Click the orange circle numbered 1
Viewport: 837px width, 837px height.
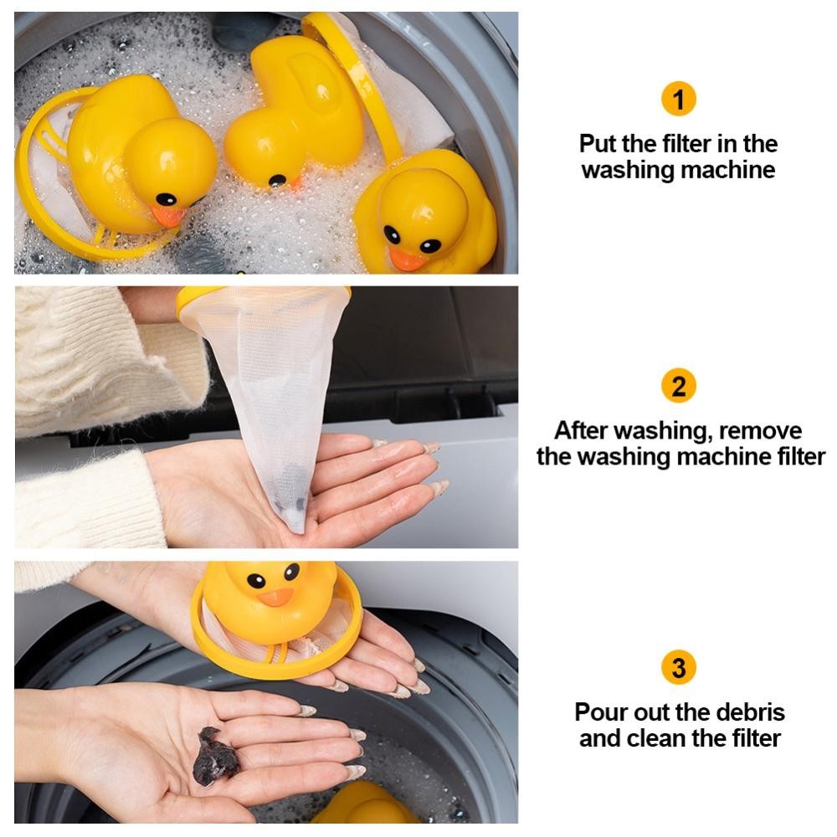point(679,99)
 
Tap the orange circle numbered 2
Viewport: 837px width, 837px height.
point(679,385)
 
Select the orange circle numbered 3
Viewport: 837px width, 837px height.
point(679,667)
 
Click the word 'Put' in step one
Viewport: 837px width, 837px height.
point(598,144)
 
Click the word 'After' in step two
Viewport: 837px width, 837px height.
point(582,430)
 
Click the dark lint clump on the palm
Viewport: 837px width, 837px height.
point(214,756)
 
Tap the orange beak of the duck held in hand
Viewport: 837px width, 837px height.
point(275,597)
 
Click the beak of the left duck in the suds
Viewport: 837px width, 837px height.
point(167,216)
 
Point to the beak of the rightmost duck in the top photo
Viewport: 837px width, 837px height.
point(407,259)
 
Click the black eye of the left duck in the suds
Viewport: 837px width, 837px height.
point(166,199)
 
